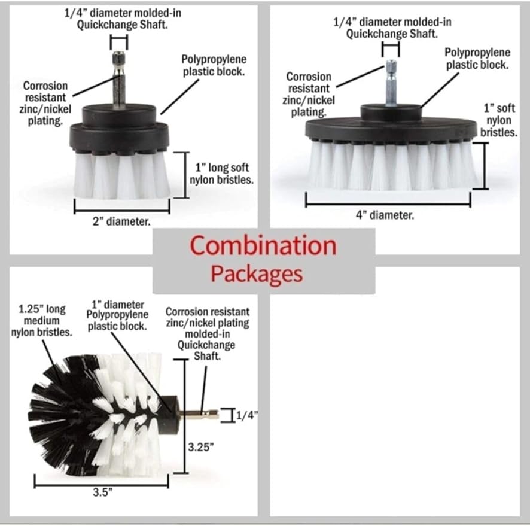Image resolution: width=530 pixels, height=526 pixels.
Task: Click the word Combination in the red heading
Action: pyautogui.click(x=263, y=245)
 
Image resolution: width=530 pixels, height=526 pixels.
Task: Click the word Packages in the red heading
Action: pyautogui.click(x=257, y=274)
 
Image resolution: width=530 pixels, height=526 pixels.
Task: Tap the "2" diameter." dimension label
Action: pyautogui.click(x=121, y=222)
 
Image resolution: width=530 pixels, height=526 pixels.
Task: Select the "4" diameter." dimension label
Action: pyautogui.click(x=385, y=215)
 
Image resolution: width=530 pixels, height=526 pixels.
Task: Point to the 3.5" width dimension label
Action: pyautogui.click(x=102, y=492)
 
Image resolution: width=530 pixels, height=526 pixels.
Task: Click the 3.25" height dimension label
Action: pyautogui.click(x=201, y=447)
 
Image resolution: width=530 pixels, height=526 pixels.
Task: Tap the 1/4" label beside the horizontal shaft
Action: pyautogui.click(x=246, y=415)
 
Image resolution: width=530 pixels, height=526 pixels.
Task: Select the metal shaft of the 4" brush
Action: pyautogui.click(x=391, y=83)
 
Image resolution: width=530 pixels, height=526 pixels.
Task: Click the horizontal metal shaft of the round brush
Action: pyautogui.click(x=199, y=413)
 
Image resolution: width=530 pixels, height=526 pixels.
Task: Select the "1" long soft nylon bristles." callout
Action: pyautogui.click(x=221, y=174)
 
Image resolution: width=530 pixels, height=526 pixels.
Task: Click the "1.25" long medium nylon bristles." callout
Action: pyautogui.click(x=42, y=321)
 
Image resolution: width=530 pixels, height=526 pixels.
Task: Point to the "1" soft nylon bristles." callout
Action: pyautogui.click(x=499, y=120)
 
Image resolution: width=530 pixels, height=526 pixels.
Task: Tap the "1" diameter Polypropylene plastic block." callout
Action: pyautogui.click(x=117, y=315)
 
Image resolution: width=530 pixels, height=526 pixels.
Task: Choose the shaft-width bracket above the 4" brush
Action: pyautogui.click(x=391, y=49)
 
